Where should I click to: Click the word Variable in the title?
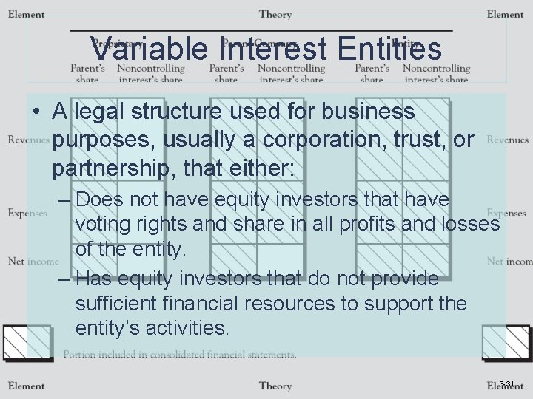point(151,50)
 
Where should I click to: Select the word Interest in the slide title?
point(273,50)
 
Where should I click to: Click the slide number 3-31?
point(507,383)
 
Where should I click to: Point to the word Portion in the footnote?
point(79,355)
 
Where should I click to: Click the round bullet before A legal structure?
point(36,112)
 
